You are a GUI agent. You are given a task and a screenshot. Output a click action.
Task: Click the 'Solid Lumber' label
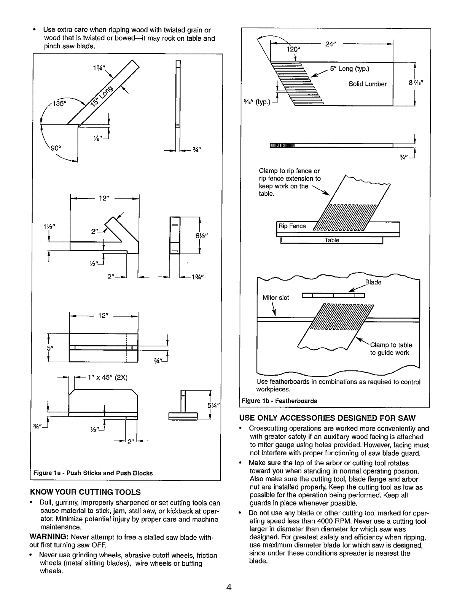click(367, 84)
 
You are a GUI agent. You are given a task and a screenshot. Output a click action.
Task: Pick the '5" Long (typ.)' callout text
click(349, 69)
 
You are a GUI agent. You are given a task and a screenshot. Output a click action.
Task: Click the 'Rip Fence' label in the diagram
click(292, 226)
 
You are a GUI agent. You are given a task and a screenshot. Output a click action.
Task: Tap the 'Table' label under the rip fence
click(331, 240)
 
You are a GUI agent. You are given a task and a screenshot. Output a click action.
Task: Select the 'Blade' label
click(373, 282)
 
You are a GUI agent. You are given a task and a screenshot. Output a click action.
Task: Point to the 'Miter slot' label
click(276, 297)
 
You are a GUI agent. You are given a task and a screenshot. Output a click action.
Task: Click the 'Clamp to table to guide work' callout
click(391, 349)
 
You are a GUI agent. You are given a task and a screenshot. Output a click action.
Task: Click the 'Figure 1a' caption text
click(93, 473)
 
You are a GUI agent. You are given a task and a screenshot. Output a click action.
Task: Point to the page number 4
click(229, 587)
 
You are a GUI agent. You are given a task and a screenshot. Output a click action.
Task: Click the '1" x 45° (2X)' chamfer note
click(107, 378)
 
